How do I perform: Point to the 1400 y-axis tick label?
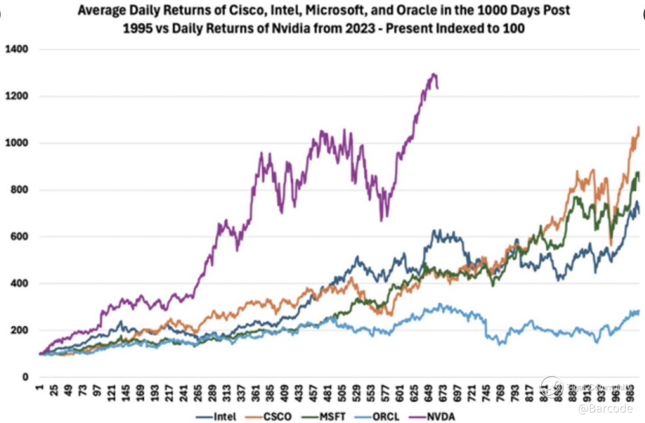click(x=16, y=49)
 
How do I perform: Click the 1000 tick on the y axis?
click(x=16, y=143)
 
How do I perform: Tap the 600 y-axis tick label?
click(x=19, y=236)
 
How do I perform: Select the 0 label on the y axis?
click(x=25, y=377)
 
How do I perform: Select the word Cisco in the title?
click(x=244, y=11)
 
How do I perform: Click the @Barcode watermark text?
click(x=606, y=409)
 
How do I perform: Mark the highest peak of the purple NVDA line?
click(x=434, y=74)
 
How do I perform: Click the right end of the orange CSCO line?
click(x=639, y=127)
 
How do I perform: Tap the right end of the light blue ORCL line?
click(x=638, y=311)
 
